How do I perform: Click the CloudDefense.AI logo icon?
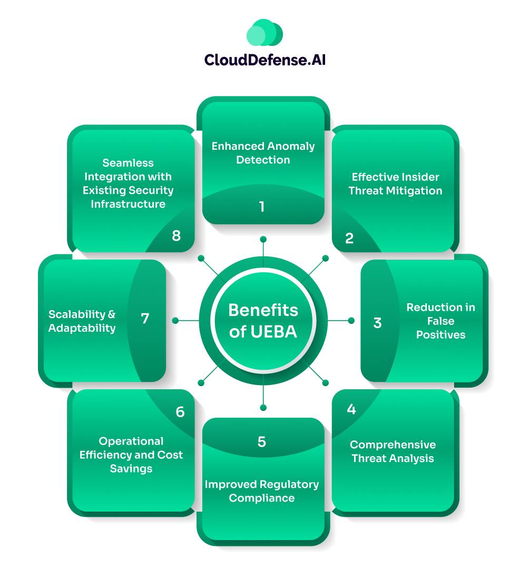pos(264,34)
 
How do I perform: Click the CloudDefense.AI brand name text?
pos(264,60)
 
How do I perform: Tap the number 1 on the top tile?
pos(262,207)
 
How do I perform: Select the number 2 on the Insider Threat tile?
pos(349,238)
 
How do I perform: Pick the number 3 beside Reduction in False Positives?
pos(377,323)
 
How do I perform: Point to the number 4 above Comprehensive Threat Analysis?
pos(351,409)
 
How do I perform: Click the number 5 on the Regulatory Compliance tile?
pos(262,442)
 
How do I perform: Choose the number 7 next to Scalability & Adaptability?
pos(145,319)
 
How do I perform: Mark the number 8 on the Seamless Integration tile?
pos(176,235)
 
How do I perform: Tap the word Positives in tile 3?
pos(440,334)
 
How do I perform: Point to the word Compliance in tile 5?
pos(262,498)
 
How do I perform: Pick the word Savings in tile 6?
pos(131,468)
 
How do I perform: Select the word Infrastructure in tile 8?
pos(128,204)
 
